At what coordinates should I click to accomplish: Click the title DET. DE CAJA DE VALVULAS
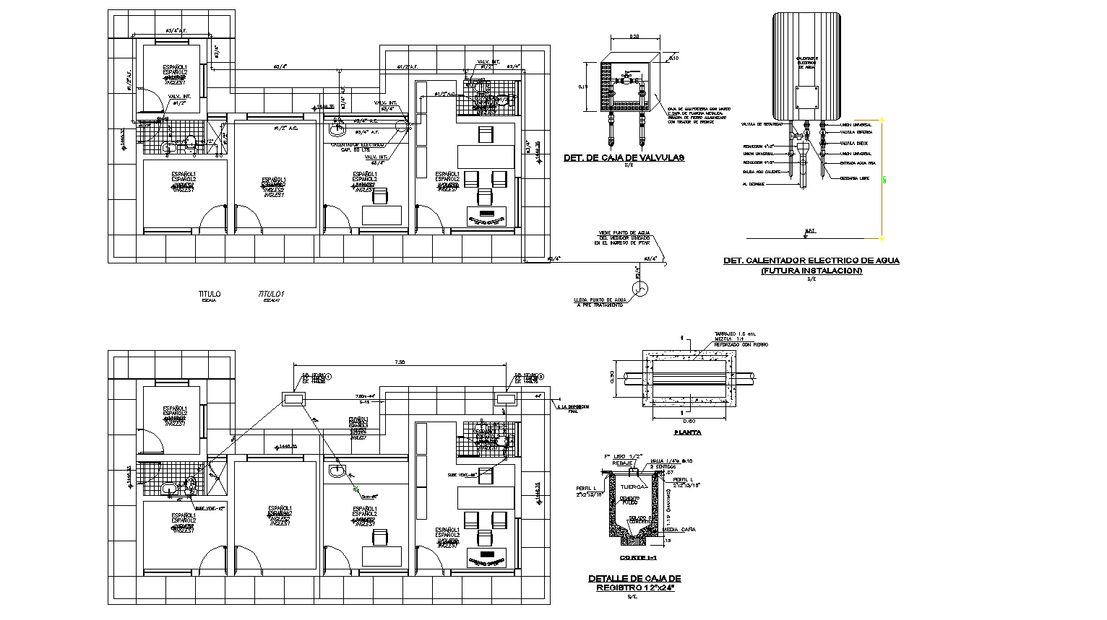623,157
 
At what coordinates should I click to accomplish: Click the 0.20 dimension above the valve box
634,36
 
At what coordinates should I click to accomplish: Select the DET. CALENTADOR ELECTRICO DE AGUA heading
811,261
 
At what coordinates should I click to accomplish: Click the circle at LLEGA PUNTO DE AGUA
639,289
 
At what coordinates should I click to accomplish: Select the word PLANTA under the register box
686,433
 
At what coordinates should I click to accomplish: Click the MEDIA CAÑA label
679,529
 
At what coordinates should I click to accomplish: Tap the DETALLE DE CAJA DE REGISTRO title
634,583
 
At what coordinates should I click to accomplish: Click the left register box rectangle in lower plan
293,398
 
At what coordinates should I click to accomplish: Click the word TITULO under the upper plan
210,294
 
